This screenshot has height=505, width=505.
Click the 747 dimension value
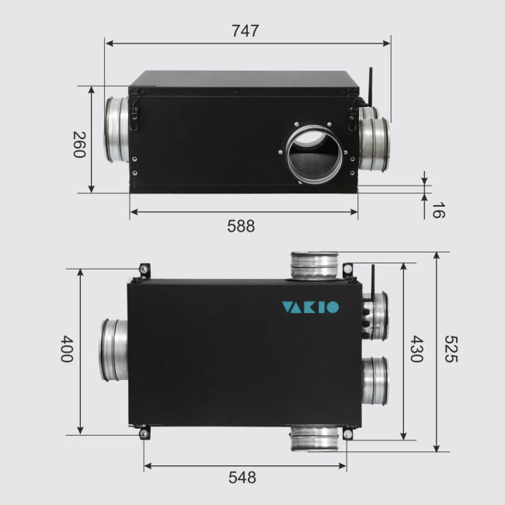pos(246,31)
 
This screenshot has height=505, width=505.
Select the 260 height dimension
pos(78,144)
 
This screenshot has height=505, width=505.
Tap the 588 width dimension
pos(240,227)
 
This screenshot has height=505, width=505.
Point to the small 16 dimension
pos(438,209)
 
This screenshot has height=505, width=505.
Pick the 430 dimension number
pos(417,351)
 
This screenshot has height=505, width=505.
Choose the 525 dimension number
pos(452,351)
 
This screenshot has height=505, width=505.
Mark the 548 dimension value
pos(242,478)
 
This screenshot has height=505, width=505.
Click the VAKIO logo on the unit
pos(309,307)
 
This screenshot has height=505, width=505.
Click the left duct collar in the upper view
pos(112,130)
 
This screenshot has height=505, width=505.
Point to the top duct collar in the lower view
pos(315,266)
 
